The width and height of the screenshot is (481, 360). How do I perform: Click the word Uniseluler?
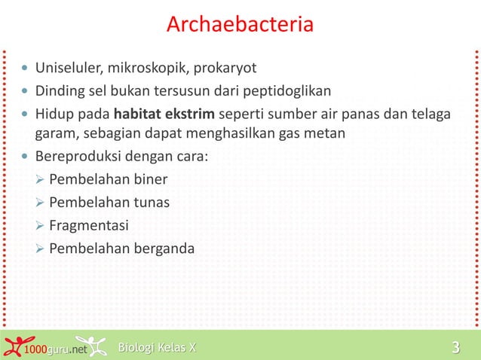point(69,69)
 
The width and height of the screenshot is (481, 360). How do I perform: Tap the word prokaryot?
point(225,69)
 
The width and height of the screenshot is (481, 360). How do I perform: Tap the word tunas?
point(152,203)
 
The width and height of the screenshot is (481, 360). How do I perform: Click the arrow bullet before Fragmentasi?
point(41,225)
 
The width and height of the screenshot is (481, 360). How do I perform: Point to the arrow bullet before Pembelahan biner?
point(41,180)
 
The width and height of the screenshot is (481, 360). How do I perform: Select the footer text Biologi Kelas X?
point(157,347)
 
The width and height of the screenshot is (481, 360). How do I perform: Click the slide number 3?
point(455,347)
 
